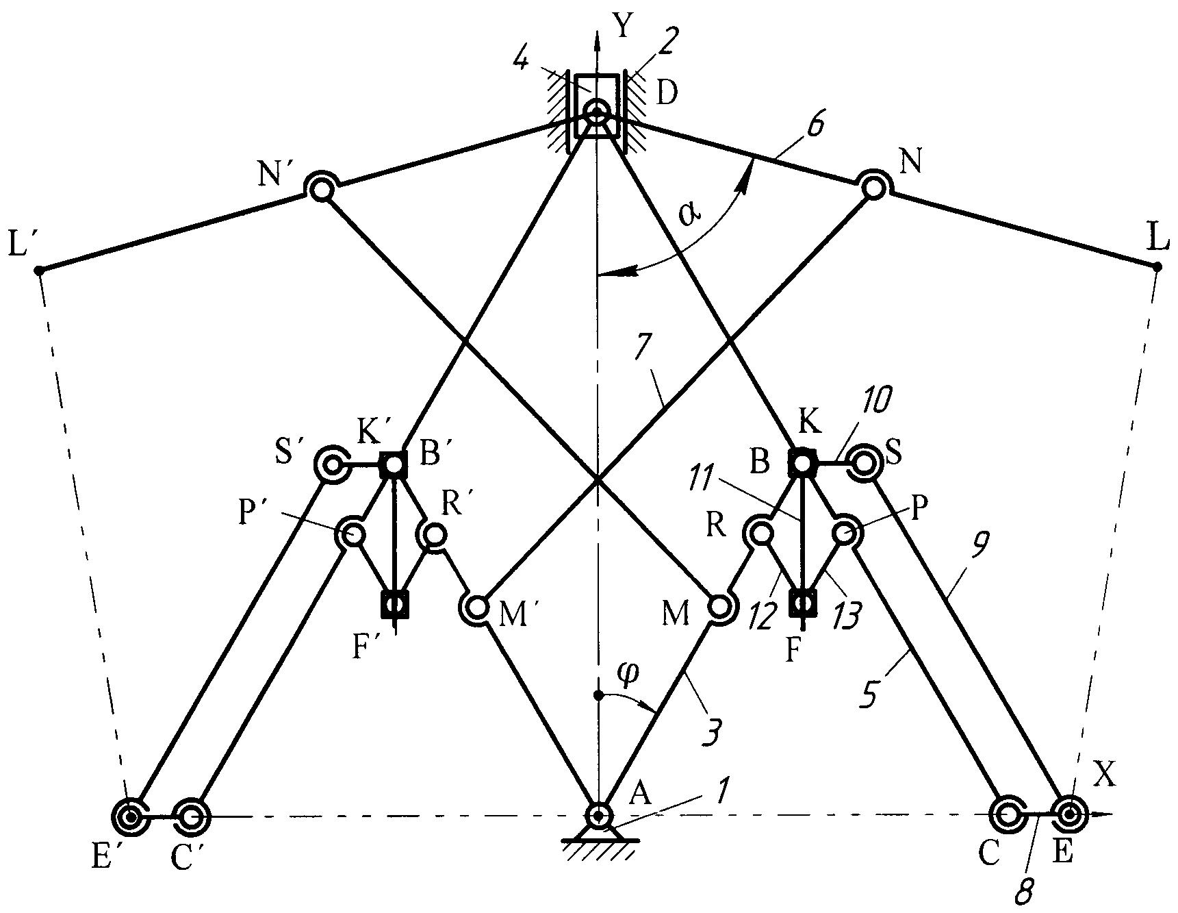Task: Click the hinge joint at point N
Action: pos(873,187)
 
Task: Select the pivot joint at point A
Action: pos(599,815)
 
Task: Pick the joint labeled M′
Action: pos(476,607)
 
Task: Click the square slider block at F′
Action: pos(394,603)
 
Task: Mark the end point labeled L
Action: pos(1157,267)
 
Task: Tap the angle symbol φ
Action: pos(628,674)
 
